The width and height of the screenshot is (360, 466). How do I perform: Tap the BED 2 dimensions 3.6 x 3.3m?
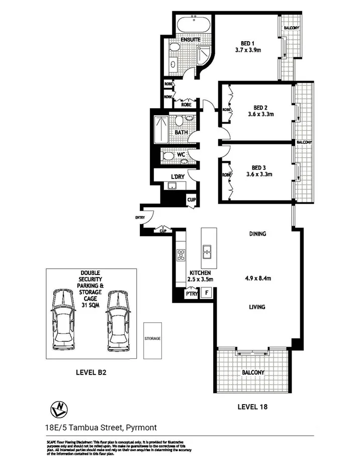[x=260, y=114]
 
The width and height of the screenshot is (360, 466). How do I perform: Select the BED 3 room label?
[x=259, y=167]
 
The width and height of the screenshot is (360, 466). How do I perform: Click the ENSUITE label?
[x=191, y=39]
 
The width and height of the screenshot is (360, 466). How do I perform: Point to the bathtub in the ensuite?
[x=194, y=25]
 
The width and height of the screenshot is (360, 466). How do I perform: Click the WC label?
[x=182, y=155]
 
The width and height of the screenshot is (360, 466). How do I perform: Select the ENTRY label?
[x=140, y=217]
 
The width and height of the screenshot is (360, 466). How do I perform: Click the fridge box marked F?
[x=207, y=293]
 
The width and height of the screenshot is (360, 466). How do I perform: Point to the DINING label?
[x=257, y=234]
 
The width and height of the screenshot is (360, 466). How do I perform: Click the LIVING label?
[x=257, y=307]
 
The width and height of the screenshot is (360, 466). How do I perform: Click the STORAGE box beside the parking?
[x=152, y=339]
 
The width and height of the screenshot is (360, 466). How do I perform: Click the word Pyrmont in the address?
[x=141, y=428]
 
